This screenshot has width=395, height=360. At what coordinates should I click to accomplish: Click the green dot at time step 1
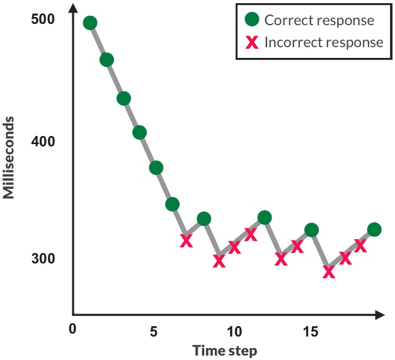coord(90,23)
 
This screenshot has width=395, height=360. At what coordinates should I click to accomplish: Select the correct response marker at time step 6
coord(172,204)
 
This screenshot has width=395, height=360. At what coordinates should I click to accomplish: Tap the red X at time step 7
coord(186,241)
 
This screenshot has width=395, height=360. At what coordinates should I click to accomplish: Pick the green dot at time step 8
coord(203,219)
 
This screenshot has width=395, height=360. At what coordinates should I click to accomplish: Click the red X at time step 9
coord(219,261)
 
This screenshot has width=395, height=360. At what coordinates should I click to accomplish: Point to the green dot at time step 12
coord(265,218)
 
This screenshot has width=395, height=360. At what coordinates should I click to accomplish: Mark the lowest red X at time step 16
coord(328,272)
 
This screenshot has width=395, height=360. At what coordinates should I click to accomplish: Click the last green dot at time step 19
coord(374,229)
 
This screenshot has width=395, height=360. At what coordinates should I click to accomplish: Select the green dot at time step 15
coord(311,230)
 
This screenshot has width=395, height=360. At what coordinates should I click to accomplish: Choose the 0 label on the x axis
coord(72,329)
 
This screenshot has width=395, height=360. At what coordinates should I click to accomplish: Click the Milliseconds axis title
coord(9,159)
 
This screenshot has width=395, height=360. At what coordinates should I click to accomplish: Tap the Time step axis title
coord(225,349)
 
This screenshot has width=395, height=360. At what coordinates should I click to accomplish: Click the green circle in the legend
coord(252,20)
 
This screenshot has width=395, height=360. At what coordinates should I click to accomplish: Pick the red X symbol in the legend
coord(252,43)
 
